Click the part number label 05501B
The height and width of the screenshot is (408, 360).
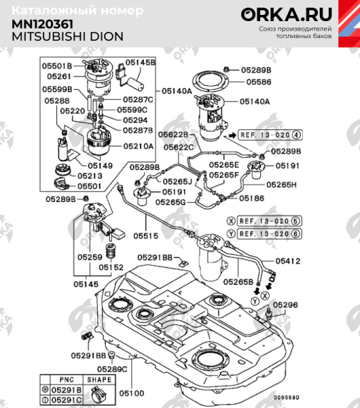57,66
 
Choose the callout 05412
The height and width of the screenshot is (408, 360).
287,260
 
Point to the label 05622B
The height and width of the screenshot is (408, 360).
175,135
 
